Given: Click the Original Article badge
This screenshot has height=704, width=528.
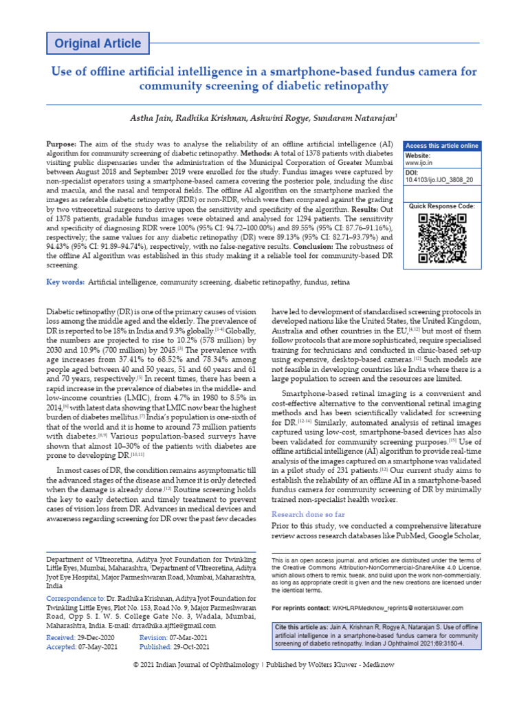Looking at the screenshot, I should [98, 44].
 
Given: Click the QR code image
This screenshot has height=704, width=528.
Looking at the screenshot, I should [442, 239].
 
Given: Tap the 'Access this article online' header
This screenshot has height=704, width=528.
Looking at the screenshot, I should [442, 146].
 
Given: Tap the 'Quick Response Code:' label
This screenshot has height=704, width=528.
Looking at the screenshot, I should [441, 206].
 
